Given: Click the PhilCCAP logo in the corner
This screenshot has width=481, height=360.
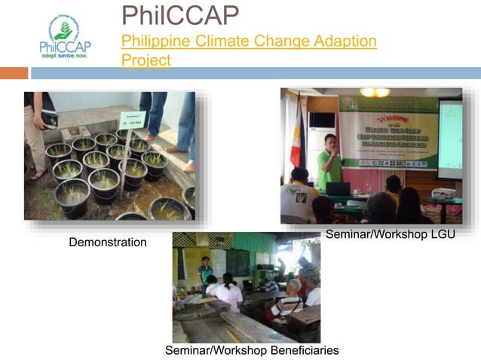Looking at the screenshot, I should pyautogui.click(x=64, y=38).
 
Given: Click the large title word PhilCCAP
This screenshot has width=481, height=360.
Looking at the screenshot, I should pyautogui.click(x=180, y=15).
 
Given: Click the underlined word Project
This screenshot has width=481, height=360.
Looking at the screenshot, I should pyautogui.click(x=146, y=59).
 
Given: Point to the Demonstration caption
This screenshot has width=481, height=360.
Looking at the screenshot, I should pyautogui.click(x=107, y=243).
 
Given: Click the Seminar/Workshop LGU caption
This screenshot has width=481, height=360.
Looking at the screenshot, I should pyautogui.click(x=390, y=235).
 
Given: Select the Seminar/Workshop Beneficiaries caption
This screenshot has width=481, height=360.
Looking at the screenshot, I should pyautogui.click(x=252, y=350).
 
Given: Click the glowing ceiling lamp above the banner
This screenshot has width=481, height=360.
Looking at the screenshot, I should pyautogui.click(x=374, y=92).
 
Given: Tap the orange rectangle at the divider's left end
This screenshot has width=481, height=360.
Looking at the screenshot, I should pyautogui.click(x=14, y=73).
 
